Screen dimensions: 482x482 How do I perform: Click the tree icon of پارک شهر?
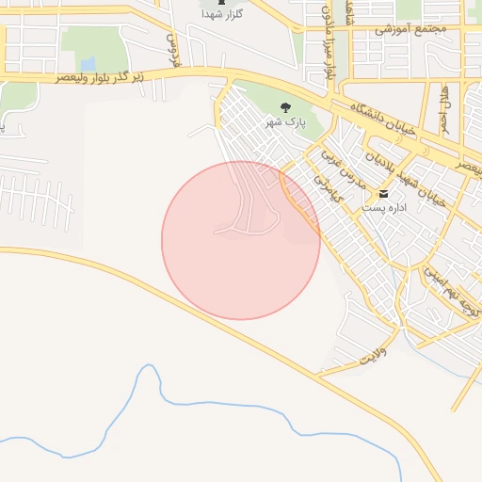(286, 105)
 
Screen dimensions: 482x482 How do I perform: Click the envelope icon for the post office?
(383, 195)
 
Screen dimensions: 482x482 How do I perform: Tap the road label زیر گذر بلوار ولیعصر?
(151, 76)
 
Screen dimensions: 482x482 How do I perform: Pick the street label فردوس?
(172, 44)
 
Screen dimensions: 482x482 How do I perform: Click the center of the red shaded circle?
(241, 240)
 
